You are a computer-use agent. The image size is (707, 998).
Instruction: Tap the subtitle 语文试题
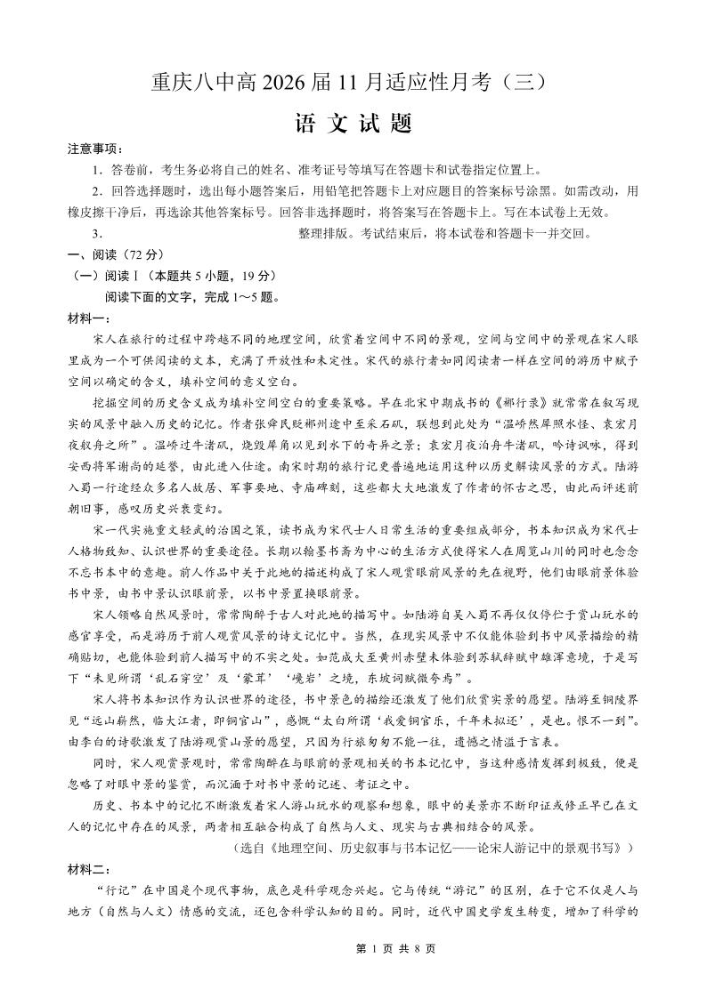pos(353,125)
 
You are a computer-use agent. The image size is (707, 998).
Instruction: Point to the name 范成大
pos(350,658)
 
